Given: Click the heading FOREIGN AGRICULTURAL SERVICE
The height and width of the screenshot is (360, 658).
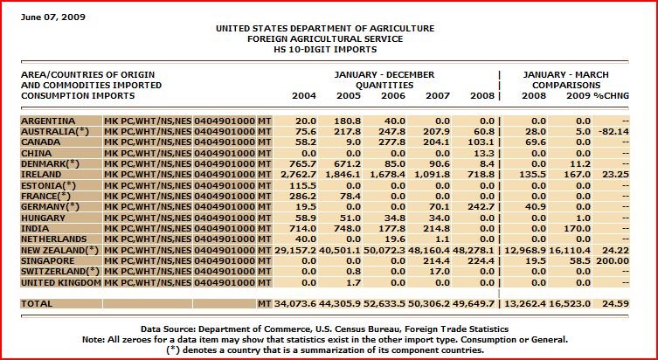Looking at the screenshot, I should point(324,38).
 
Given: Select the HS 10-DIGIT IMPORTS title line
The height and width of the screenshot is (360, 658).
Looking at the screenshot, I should point(324,49).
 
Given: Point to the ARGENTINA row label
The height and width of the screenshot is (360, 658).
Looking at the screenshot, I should point(49,120).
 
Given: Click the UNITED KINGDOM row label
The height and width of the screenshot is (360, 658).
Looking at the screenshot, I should point(61,283).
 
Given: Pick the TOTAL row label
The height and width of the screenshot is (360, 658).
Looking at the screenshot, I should point(38,303).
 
